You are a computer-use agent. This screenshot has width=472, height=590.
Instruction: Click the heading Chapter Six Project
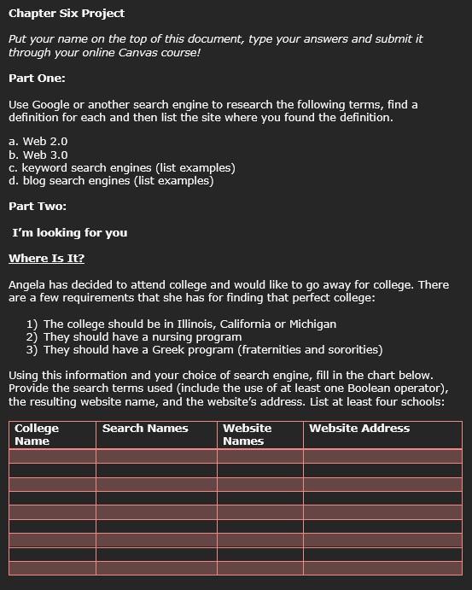click(67, 13)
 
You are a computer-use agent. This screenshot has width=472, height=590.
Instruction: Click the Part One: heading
click(37, 78)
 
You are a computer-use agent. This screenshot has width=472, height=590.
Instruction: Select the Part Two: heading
click(38, 206)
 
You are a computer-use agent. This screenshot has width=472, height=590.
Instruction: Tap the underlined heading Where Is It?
click(47, 259)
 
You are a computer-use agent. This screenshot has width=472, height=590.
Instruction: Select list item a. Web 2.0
click(38, 141)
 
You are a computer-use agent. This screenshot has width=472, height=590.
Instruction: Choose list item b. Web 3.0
click(38, 155)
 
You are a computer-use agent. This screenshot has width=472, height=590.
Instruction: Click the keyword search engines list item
click(122, 167)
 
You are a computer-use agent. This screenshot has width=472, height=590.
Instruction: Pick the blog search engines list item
click(111, 180)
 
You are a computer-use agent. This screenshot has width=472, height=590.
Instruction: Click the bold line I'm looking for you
click(70, 232)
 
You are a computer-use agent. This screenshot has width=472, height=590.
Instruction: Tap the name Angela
click(28, 284)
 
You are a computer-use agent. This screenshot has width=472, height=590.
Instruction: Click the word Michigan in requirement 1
click(312, 324)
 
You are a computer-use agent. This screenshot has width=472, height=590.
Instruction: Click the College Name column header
click(37, 434)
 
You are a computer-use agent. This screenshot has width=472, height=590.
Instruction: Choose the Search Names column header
click(145, 428)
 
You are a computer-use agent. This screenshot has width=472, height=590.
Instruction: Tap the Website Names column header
click(247, 434)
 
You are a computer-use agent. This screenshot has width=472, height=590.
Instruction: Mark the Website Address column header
click(359, 428)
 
